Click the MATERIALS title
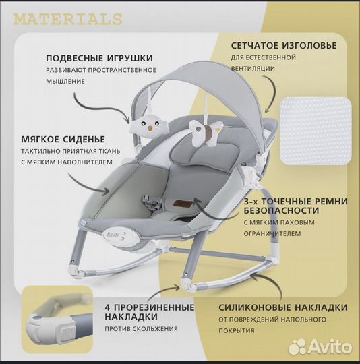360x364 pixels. tap(68, 20)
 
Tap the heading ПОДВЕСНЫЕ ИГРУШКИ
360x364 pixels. tap(100, 58)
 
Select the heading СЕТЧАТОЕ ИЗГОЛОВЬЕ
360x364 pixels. tap(284, 46)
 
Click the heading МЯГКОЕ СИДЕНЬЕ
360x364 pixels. tap(63, 140)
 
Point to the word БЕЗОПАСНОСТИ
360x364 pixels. tap(281, 210)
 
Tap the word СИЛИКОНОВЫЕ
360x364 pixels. tap(255, 307)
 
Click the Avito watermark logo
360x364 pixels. tap(320, 347)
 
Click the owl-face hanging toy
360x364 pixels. tap(144, 127)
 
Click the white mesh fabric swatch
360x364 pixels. tap(316, 131)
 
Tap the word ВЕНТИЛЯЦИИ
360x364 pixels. tap(253, 69)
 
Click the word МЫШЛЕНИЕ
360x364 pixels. tap(65, 82)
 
